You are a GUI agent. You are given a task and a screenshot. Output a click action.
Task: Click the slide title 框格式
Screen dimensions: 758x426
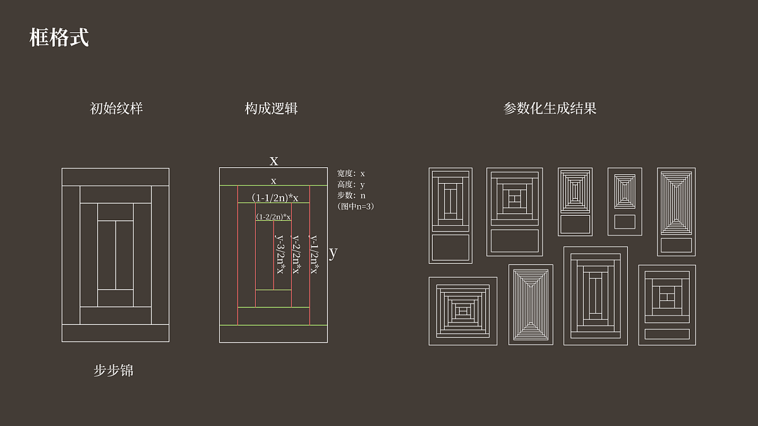pos(59,38)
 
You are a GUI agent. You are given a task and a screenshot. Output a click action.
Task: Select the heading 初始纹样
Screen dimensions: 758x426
pos(117,109)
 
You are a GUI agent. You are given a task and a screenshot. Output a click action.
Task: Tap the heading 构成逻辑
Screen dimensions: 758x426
pos(272,109)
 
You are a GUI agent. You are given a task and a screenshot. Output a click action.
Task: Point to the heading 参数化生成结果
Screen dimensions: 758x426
pos(550,109)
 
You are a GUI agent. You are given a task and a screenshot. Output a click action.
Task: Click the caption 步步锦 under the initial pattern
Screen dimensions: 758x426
pos(114,370)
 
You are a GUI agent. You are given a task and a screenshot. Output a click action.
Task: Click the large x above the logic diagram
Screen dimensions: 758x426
pos(274,160)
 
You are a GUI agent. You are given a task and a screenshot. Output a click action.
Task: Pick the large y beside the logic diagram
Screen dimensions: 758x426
pos(333,252)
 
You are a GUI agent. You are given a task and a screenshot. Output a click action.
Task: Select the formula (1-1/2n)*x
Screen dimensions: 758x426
pos(275,198)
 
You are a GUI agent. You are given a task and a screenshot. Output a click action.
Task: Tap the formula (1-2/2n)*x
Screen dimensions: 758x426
pos(274,216)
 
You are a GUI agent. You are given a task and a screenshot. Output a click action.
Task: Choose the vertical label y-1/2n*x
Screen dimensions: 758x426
pos(313,254)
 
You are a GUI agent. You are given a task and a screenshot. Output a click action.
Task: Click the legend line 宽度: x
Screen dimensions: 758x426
pos(351,173)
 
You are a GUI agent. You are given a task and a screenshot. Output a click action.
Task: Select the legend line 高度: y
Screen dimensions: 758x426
pos(351,184)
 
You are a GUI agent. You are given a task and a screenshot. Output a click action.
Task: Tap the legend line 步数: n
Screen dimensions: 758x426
pos(351,195)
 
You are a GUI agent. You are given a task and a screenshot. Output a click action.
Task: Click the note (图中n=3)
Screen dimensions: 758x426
pos(356,206)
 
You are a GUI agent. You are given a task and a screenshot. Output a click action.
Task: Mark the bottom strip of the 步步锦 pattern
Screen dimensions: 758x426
pos(116,333)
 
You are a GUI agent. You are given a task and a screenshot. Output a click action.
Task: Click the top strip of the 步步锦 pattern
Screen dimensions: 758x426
pos(116,177)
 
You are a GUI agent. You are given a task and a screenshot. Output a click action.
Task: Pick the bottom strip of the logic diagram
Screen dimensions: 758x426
pos(274,334)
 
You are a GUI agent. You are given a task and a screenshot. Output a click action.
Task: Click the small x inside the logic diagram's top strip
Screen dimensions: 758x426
pos(274,181)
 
